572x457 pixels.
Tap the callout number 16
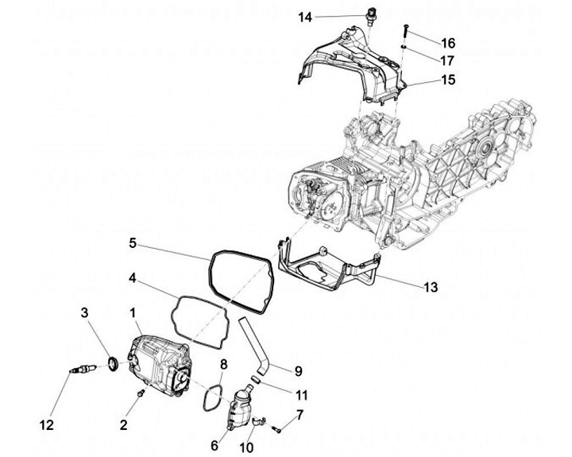click(x=448, y=42)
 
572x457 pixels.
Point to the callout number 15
click(x=448, y=80)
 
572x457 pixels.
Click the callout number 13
click(x=431, y=287)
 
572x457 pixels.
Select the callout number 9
click(x=299, y=370)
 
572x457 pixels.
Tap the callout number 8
click(x=224, y=365)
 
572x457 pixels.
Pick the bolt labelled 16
click(x=406, y=30)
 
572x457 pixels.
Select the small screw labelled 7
click(x=276, y=429)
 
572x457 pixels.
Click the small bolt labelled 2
click(x=140, y=393)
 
